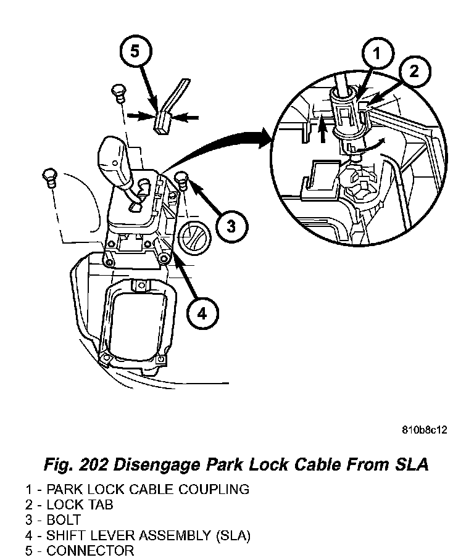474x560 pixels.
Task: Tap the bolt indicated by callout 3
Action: (182, 179)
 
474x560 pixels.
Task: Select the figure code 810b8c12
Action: (424, 430)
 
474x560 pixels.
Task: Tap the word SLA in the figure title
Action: (410, 464)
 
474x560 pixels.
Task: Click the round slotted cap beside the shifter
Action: (194, 234)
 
